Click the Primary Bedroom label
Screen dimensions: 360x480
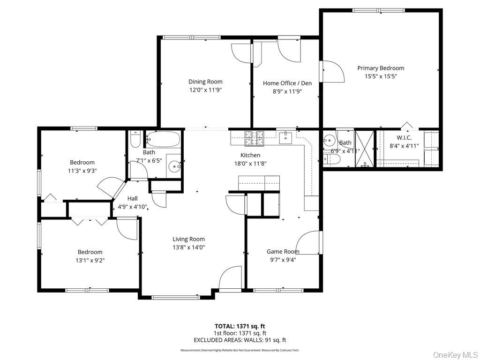click(381, 68)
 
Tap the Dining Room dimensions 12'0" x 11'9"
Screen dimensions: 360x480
click(205, 90)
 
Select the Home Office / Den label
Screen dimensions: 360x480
click(287, 83)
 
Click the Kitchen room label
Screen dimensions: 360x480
click(250, 155)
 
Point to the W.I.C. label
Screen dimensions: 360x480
click(404, 137)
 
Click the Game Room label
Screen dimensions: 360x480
click(283, 251)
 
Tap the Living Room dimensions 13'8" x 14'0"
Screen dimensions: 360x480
click(188, 247)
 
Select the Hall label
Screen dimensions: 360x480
click(132, 198)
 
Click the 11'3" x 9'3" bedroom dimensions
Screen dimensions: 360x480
click(82, 171)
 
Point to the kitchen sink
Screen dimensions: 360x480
click(285, 137)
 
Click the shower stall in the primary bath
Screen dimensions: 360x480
click(364, 149)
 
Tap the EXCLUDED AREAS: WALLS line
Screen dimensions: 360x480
click(240, 340)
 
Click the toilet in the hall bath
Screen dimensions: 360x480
click(135, 140)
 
